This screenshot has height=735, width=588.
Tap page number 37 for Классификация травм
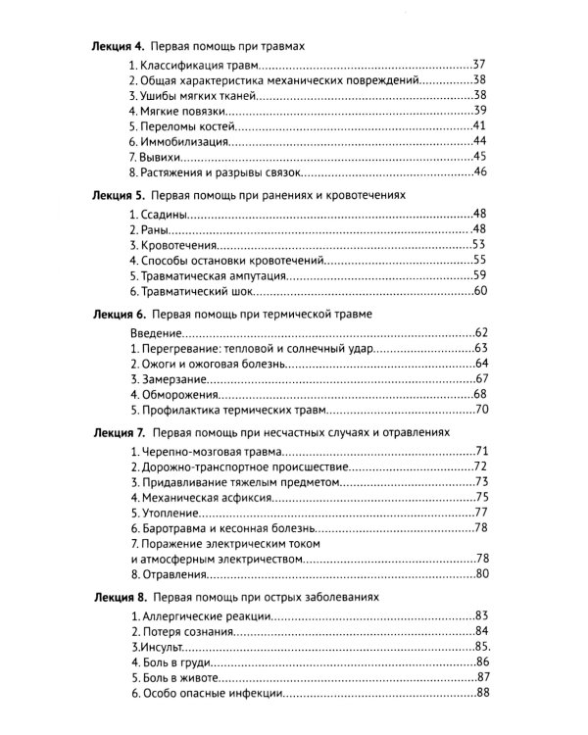(x=478, y=64)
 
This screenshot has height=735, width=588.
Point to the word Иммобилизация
(x=184, y=142)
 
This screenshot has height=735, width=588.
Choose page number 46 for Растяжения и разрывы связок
(x=478, y=173)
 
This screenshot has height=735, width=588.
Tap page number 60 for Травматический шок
(x=478, y=291)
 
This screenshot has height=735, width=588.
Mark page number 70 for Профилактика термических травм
(x=478, y=410)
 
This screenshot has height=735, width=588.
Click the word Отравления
(x=173, y=573)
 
